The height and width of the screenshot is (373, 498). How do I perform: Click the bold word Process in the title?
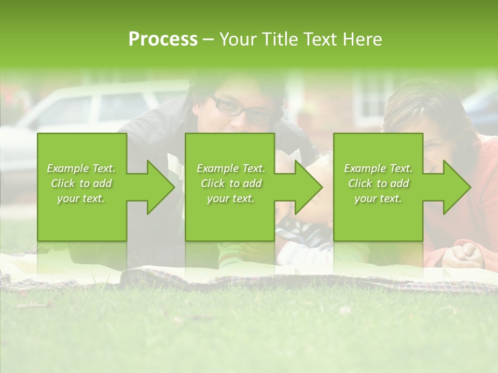(163, 39)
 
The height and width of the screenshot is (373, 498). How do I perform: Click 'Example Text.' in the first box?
(81, 168)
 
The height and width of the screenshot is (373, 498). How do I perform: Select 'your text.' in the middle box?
(230, 198)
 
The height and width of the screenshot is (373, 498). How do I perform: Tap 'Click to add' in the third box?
(378, 183)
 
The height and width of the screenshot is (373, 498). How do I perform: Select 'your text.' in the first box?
(81, 198)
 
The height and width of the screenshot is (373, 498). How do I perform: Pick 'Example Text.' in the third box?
(378, 168)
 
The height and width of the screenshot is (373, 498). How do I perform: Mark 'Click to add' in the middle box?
(230, 183)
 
